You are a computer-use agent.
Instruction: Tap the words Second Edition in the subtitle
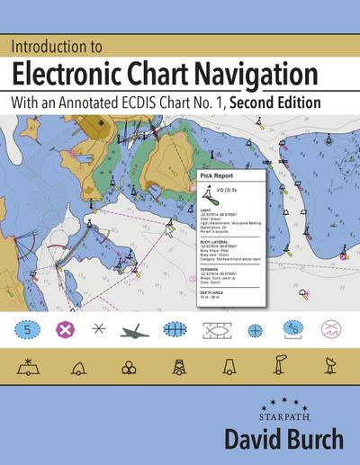click(275, 102)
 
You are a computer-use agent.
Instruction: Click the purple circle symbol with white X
click(65, 328)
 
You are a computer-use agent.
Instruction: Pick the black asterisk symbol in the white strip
click(98, 328)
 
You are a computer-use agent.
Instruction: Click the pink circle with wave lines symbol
click(332, 328)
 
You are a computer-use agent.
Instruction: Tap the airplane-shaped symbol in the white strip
click(136, 328)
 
